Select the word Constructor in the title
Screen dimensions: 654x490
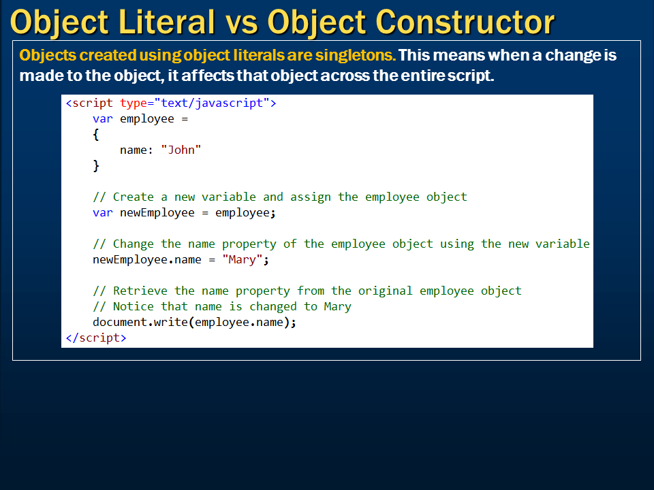(465, 22)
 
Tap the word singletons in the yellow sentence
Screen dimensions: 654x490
(356, 55)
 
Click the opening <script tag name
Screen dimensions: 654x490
(89, 103)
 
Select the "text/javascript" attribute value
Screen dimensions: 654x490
(212, 103)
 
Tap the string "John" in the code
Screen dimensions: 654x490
(181, 150)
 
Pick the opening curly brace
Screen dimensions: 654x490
(96, 135)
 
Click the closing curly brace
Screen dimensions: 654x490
(96, 166)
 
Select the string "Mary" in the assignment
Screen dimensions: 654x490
(242, 259)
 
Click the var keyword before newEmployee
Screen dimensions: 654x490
(103, 213)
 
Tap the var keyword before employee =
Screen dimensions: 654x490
(103, 119)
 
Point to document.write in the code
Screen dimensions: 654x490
(140, 322)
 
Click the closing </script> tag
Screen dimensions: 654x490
(96, 338)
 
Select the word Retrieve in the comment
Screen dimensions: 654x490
(140, 291)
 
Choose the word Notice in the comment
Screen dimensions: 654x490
(134, 307)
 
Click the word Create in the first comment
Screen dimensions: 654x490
(134, 197)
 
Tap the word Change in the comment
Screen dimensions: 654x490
(134, 244)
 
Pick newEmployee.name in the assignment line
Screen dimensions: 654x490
(147, 259)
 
